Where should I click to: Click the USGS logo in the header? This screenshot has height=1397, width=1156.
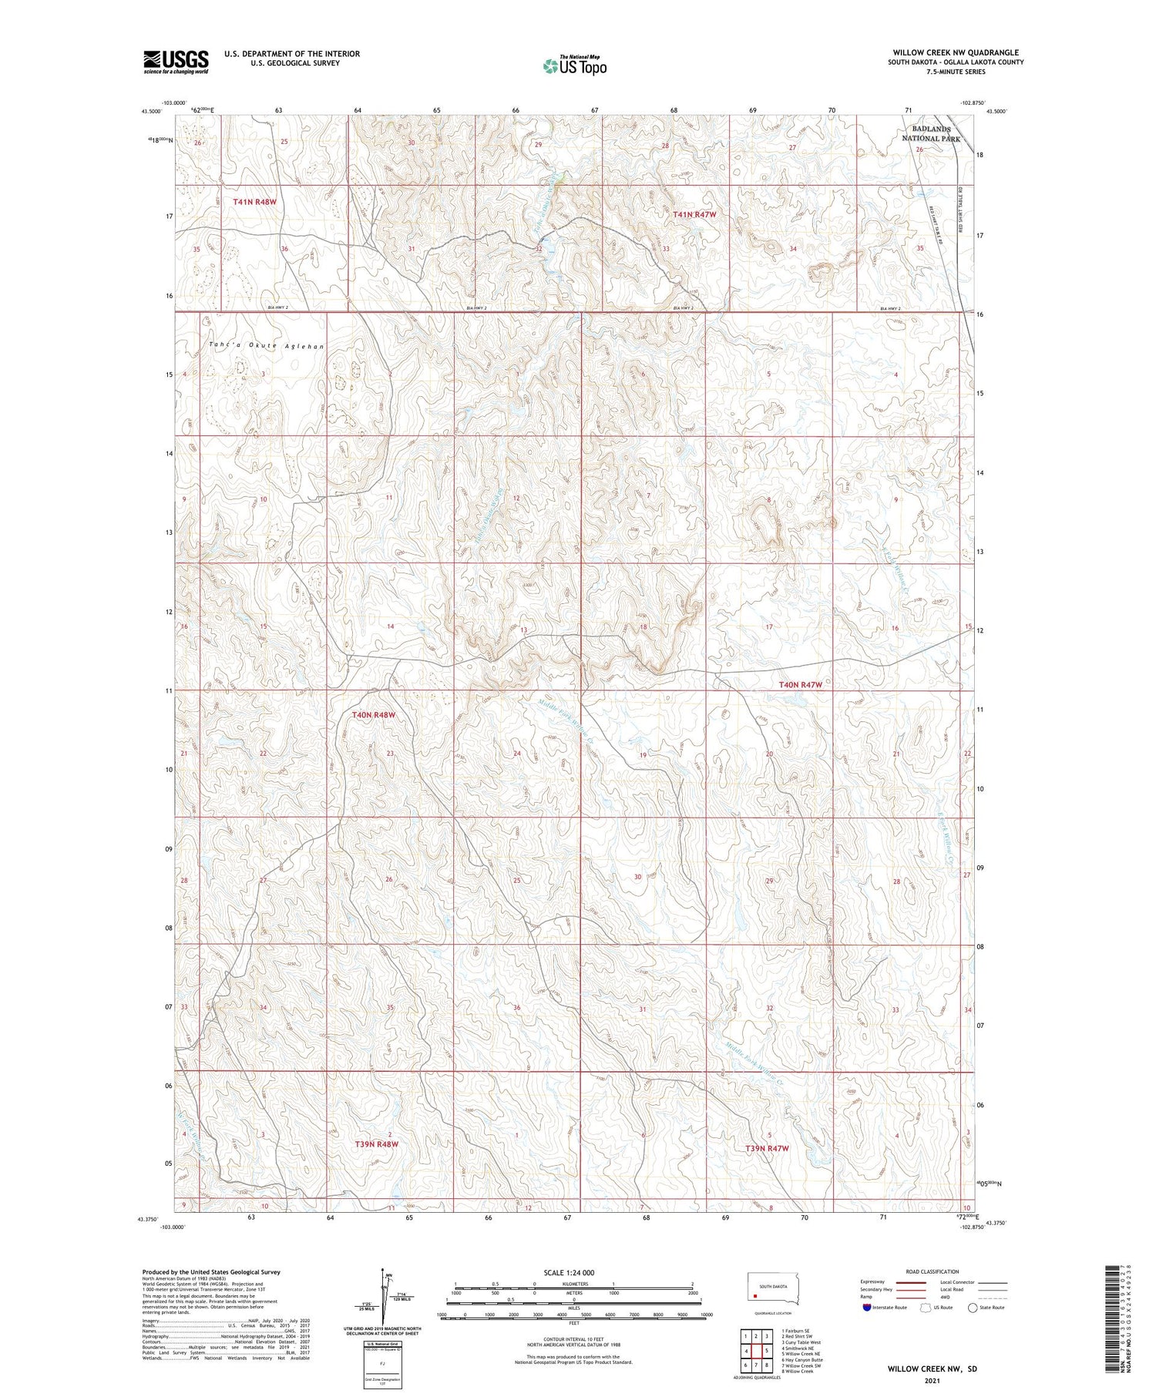click(176, 62)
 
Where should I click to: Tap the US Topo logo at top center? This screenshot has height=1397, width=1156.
click(574, 66)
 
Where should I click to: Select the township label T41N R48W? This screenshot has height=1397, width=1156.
click(254, 202)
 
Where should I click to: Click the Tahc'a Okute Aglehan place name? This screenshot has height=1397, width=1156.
click(266, 346)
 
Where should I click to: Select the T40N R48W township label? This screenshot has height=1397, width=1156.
click(374, 715)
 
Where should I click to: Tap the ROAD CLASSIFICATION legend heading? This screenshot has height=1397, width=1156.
click(933, 1271)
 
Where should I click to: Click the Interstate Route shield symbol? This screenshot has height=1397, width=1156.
click(867, 1308)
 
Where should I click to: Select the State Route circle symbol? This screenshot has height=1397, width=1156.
click(973, 1308)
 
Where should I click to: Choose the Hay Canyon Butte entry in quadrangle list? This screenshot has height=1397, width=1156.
click(803, 1360)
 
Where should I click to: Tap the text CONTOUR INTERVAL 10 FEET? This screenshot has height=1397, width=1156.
click(573, 1341)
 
